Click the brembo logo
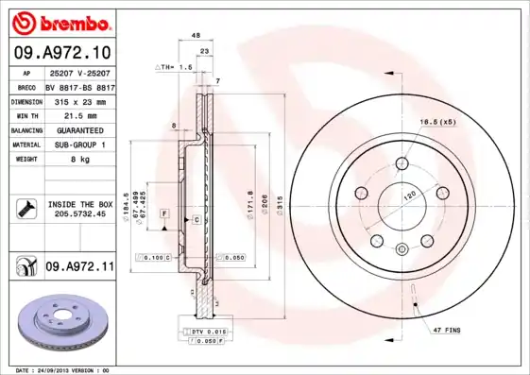(60, 22)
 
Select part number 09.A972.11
(79, 267)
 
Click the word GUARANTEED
(79, 129)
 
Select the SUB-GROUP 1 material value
(79, 145)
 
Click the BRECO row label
(26, 85)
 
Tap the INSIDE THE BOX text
(80, 204)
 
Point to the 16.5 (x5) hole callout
(436, 123)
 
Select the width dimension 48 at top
(196, 35)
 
